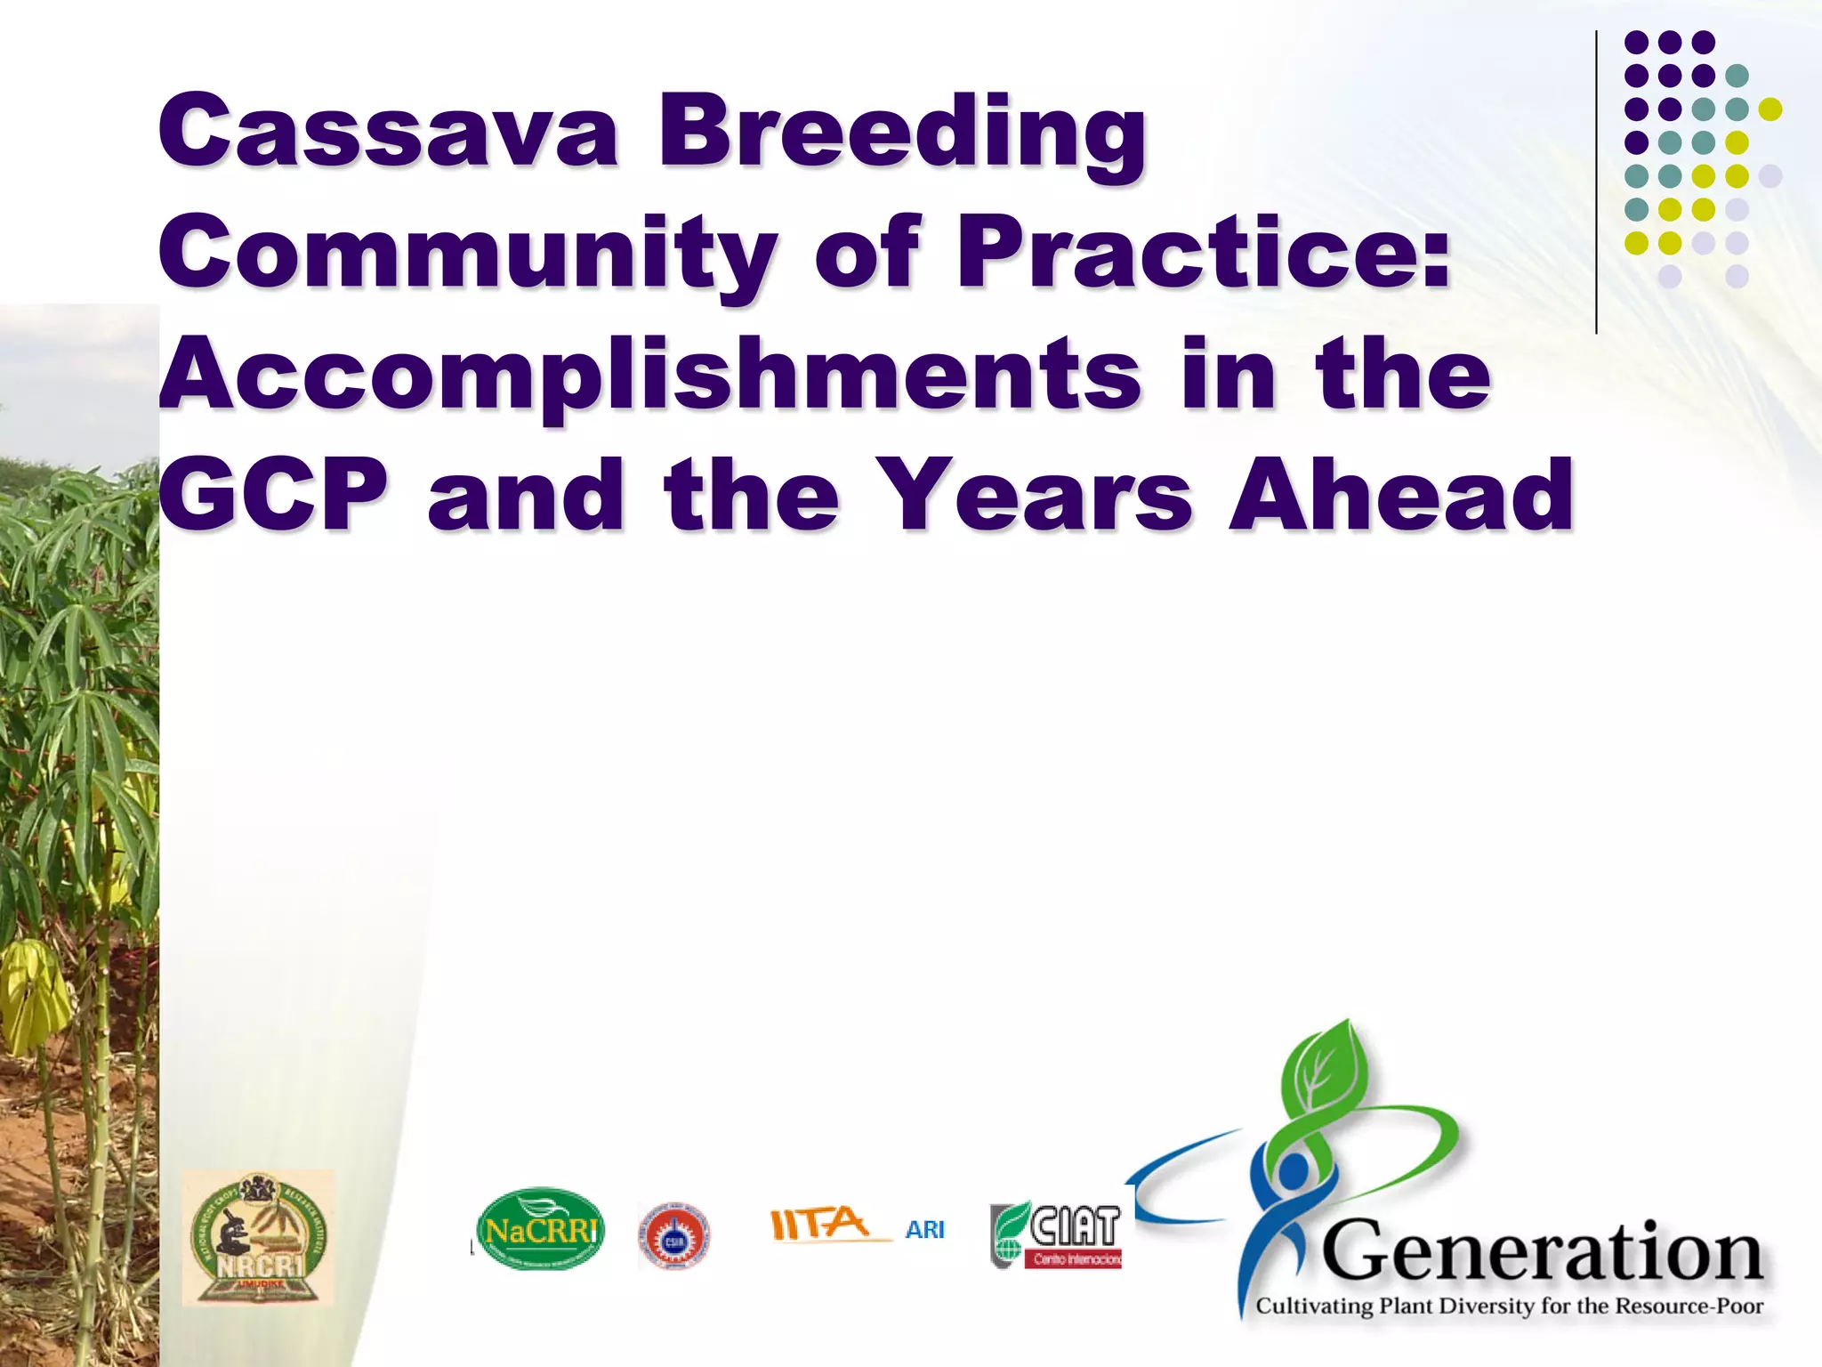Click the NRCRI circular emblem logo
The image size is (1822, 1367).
pos(258,1238)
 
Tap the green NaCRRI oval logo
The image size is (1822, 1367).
pos(540,1230)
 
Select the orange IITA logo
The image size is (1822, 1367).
pos(819,1225)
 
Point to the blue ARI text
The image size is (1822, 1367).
pos(924,1230)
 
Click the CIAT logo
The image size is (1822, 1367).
pos(1057,1234)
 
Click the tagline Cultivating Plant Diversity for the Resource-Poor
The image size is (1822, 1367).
pos(1509,1306)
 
